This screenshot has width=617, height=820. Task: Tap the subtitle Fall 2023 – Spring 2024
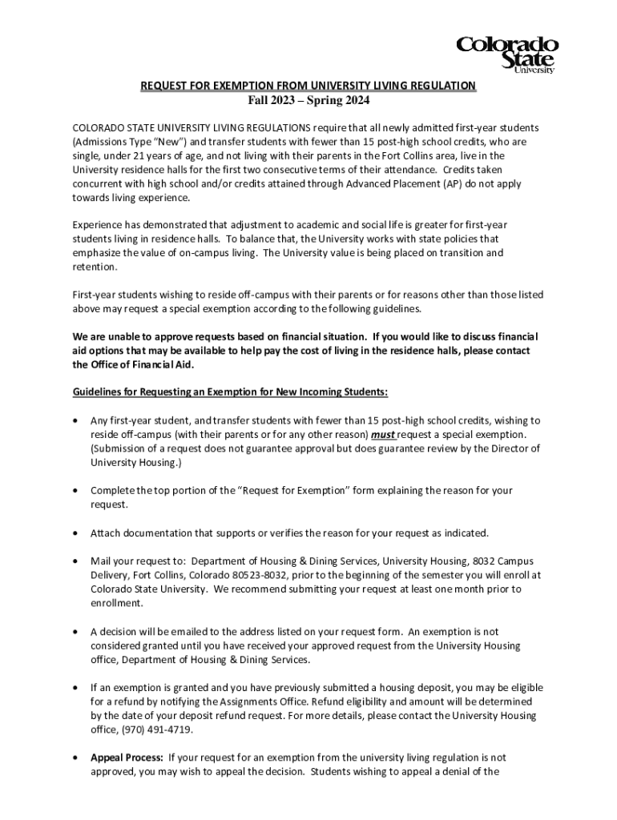tap(308, 101)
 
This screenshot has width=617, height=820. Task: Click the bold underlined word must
tap(383, 435)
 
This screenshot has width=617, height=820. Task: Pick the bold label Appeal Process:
tap(127, 757)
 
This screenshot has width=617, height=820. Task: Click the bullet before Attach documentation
tap(75, 533)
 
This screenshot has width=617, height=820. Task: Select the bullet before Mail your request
tap(75, 561)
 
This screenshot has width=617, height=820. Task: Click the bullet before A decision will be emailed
tap(75, 631)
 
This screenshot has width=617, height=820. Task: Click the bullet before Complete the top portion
tap(75, 491)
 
